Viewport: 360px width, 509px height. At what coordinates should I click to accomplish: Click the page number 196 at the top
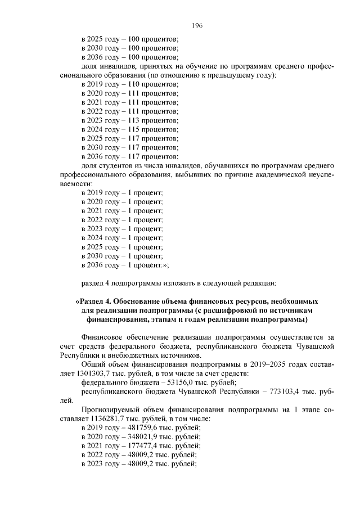pos(196,26)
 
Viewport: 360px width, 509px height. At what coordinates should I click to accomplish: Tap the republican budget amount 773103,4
pos(287,392)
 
